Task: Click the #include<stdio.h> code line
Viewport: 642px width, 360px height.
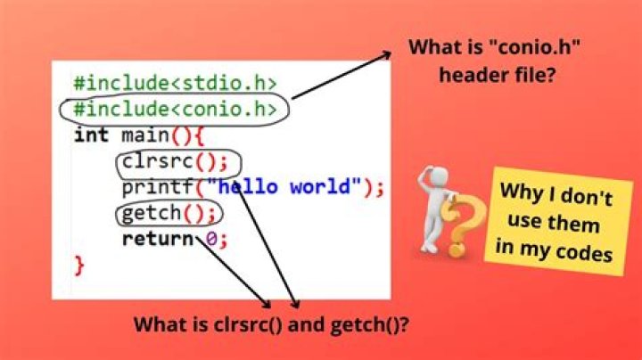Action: click(176, 85)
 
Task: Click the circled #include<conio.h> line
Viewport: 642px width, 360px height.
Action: click(176, 110)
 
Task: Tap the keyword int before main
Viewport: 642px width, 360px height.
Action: click(91, 135)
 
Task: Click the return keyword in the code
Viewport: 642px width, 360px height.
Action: click(156, 239)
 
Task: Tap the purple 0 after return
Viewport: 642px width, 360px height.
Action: click(211, 239)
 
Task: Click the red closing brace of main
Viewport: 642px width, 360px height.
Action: click(78, 264)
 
